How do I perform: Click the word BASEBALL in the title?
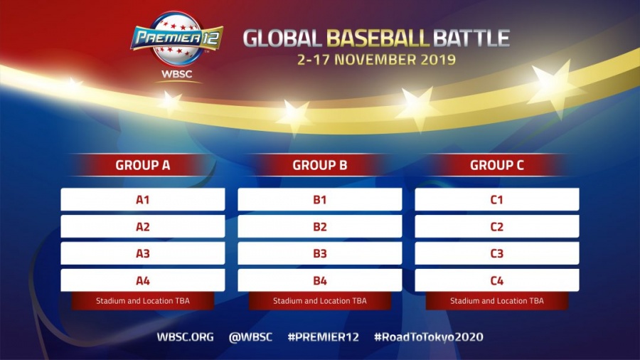[x=378, y=38]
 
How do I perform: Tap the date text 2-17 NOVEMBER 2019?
[x=376, y=60]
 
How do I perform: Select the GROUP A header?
[x=142, y=165]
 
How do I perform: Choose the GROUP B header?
[x=319, y=165]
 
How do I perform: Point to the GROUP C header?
[x=497, y=165]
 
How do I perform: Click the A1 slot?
[x=142, y=200]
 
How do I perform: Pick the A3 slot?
[x=142, y=253]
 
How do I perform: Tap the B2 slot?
[x=319, y=226]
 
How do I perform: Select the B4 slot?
[x=319, y=280]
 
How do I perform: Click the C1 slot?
[x=497, y=200]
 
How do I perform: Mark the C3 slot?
[x=497, y=253]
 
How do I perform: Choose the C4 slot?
[x=497, y=280]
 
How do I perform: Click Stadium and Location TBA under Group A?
[x=142, y=301]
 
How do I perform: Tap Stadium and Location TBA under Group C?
[x=497, y=301]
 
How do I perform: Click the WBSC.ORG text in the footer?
[x=186, y=337]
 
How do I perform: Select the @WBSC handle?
[x=250, y=337]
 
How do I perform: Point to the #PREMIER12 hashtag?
[x=324, y=337]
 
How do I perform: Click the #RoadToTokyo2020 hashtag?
[x=429, y=337]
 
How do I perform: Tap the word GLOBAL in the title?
[x=282, y=38]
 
